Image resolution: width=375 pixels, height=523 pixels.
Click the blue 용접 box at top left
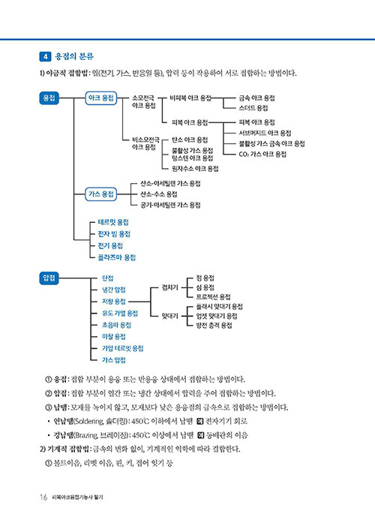pos(49,98)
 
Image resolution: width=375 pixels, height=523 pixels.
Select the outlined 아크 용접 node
pos(101,98)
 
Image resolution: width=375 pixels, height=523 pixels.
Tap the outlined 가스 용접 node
pos(101,194)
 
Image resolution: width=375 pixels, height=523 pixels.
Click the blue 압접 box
pos(49,278)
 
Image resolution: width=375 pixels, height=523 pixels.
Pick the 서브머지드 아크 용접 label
pos(265,133)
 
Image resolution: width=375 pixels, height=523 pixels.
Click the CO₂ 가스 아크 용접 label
pos(262,154)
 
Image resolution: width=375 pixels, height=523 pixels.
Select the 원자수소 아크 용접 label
pos(195,169)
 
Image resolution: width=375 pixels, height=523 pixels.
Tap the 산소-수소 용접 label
pos(159,194)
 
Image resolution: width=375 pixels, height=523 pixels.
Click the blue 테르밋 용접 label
pos(113,222)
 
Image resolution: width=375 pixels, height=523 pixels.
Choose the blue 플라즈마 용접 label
pos(117,257)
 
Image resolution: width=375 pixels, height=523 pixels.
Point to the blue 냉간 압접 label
pos(114,290)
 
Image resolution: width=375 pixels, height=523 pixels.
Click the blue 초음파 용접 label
pos(116,325)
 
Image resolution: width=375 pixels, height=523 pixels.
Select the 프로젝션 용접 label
pos(213,297)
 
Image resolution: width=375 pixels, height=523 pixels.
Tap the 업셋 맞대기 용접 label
pos(217,316)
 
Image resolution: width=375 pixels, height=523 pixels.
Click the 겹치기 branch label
pos(170,287)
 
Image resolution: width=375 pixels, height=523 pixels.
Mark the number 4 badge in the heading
pos(45,56)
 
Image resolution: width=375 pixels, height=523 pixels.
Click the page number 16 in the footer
pos(43,497)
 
